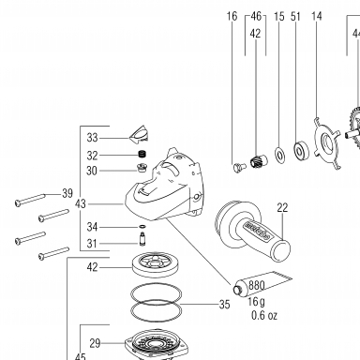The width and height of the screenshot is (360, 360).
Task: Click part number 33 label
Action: (x=92, y=138)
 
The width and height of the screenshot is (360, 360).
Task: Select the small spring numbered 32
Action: (x=142, y=154)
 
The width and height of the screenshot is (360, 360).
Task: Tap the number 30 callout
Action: (x=92, y=171)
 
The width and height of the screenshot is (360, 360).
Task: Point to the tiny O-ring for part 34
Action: (x=142, y=226)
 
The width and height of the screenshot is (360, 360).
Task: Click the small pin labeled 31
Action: (x=142, y=240)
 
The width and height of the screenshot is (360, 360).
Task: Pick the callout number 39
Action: (x=67, y=193)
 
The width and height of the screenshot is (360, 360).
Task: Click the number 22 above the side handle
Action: (x=282, y=207)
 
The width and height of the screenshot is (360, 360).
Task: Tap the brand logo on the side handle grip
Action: (x=257, y=231)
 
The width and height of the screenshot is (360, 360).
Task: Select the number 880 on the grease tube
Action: (x=257, y=285)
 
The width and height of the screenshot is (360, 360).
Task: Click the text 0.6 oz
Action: (x=264, y=315)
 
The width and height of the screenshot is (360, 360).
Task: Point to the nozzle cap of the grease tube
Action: (x=236, y=290)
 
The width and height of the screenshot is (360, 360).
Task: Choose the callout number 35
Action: (x=224, y=305)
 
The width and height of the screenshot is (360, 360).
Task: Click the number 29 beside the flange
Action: (x=95, y=343)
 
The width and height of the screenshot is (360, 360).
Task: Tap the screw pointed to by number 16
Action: (x=239, y=167)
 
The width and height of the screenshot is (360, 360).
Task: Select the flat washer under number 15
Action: (x=279, y=154)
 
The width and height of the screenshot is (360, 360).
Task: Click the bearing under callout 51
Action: (x=301, y=150)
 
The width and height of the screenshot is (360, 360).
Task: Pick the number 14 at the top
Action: (x=317, y=16)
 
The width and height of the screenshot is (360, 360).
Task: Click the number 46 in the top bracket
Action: (x=256, y=16)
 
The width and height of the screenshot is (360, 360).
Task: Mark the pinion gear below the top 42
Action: (x=259, y=161)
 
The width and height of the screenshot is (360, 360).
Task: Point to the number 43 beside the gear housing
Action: (x=81, y=204)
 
